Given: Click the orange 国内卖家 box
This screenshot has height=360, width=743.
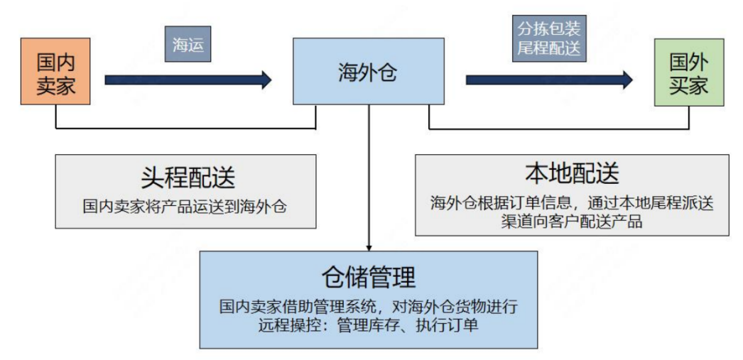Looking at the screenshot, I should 55,72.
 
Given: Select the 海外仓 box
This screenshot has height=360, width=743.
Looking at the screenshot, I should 367,72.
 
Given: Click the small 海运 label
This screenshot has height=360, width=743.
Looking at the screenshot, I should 188,44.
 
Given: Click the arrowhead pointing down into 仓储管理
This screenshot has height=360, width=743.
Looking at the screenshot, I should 369,245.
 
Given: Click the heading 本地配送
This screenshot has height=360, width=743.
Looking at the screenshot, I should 571,173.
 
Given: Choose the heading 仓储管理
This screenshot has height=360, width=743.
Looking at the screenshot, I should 368,276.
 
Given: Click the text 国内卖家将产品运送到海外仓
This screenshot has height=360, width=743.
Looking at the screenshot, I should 188,206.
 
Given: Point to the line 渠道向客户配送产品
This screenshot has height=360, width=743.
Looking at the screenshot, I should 572,221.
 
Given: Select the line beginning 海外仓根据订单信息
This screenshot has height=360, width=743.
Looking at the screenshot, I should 572,202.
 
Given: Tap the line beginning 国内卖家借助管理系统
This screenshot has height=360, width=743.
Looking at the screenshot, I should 368,307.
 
